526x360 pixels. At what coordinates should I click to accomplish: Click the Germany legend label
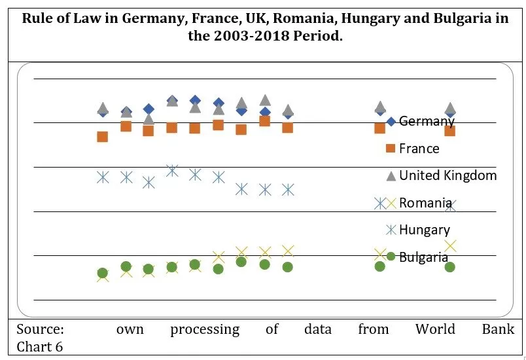click(x=427, y=121)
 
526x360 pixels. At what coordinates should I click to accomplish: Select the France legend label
click(x=419, y=149)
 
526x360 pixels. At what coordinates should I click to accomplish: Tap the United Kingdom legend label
click(x=447, y=175)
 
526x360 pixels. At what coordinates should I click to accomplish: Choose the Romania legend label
click(x=425, y=203)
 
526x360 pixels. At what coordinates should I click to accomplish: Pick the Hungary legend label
click(x=424, y=230)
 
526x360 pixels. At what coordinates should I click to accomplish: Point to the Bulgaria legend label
click(x=423, y=257)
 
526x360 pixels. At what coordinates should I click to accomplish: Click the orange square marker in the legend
click(x=391, y=149)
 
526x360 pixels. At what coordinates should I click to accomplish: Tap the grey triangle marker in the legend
click(x=391, y=175)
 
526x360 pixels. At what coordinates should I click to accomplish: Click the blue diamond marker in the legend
click(x=391, y=121)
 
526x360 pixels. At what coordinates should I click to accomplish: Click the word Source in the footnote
click(x=40, y=329)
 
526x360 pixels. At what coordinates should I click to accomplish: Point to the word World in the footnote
click(x=435, y=329)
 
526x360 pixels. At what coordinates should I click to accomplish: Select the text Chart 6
click(x=40, y=346)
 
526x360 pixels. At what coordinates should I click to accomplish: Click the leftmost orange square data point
click(x=102, y=137)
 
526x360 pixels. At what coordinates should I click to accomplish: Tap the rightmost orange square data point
click(x=449, y=131)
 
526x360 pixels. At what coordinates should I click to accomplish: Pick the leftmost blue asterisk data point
click(x=103, y=177)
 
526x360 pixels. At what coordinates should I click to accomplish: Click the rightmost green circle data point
click(x=449, y=267)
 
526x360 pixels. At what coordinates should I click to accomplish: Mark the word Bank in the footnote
click(x=499, y=329)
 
